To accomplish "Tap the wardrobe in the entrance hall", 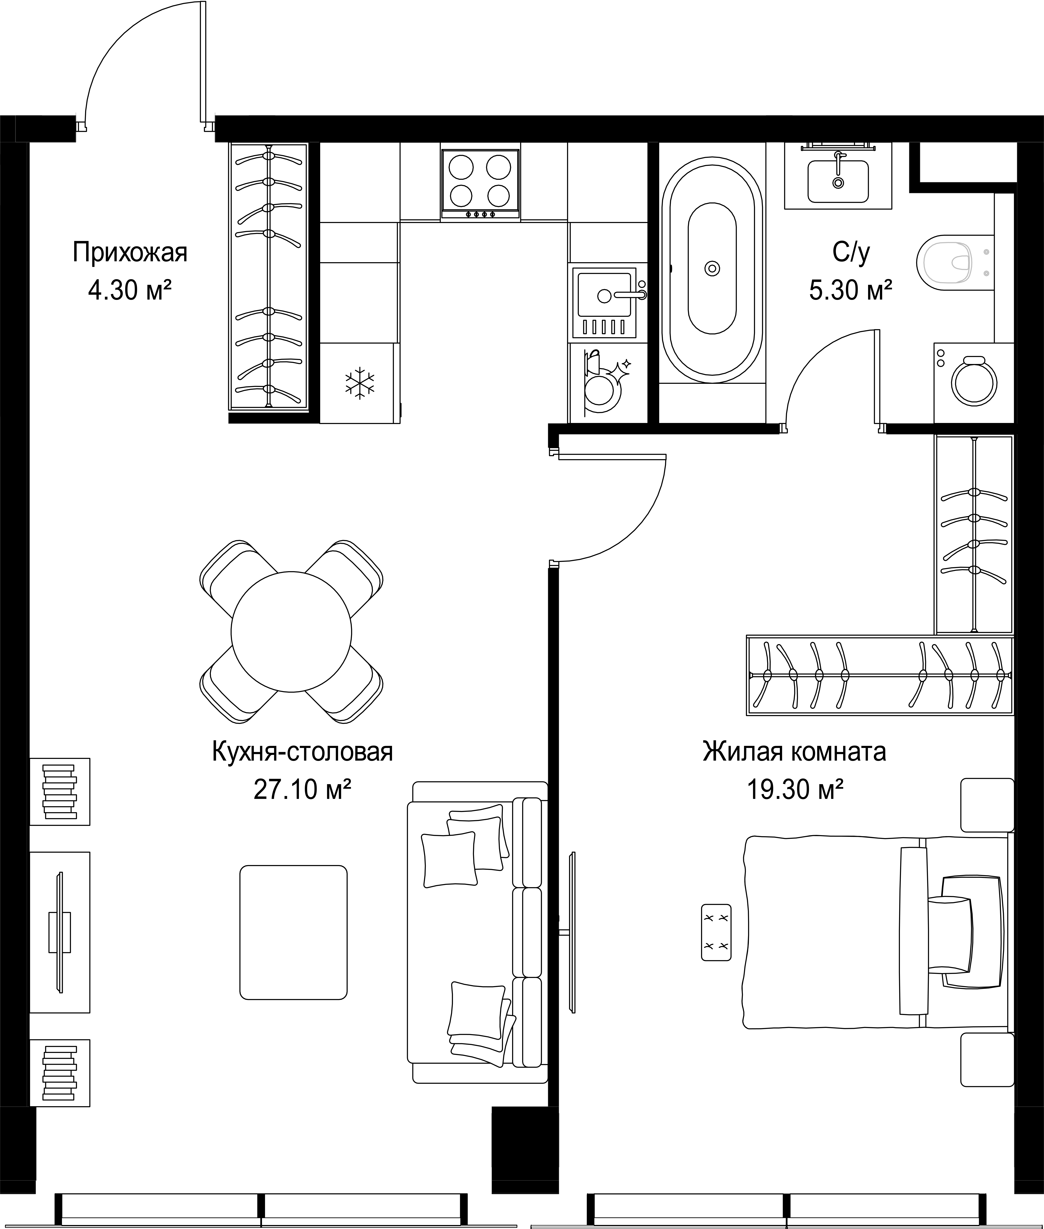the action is (269, 276).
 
